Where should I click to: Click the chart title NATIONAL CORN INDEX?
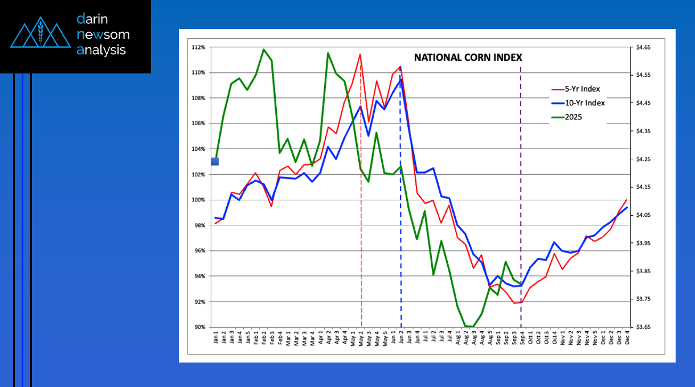[468, 57]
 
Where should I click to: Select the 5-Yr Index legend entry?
[582, 89]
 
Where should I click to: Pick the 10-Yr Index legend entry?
[584, 103]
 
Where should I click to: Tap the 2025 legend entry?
[574, 117]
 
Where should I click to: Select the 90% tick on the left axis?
[199, 327]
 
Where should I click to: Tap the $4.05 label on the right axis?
[643, 215]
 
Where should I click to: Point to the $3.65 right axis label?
[643, 327]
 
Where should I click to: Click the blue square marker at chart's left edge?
[215, 162]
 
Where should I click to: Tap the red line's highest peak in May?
[360, 55]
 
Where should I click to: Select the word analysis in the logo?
[101, 50]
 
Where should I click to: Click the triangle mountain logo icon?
[39, 34]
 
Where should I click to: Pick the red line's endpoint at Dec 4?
[627, 200]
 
